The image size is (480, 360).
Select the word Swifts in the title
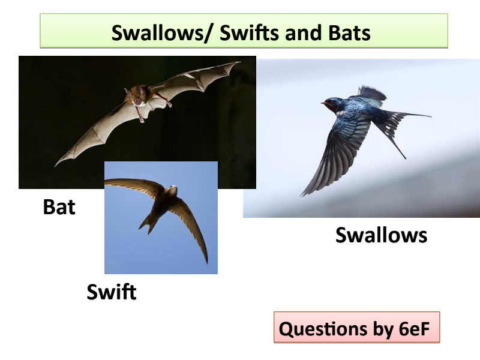coord(249,32)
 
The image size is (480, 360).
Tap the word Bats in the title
coord(349,32)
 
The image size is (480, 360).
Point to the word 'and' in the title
coord(303,32)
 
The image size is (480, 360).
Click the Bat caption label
coord(59,207)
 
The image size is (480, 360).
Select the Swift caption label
coord(112,292)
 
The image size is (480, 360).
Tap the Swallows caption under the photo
coord(381,235)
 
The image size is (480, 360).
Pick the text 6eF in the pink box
coord(414,329)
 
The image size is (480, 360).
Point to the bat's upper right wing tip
coord(239,62)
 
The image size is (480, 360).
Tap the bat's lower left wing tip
coord(56,166)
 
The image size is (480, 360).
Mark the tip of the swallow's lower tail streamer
coord(406,158)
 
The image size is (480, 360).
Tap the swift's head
coord(172,190)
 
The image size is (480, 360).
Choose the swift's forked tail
coord(148,224)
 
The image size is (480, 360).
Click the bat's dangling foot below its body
coord(141,119)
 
